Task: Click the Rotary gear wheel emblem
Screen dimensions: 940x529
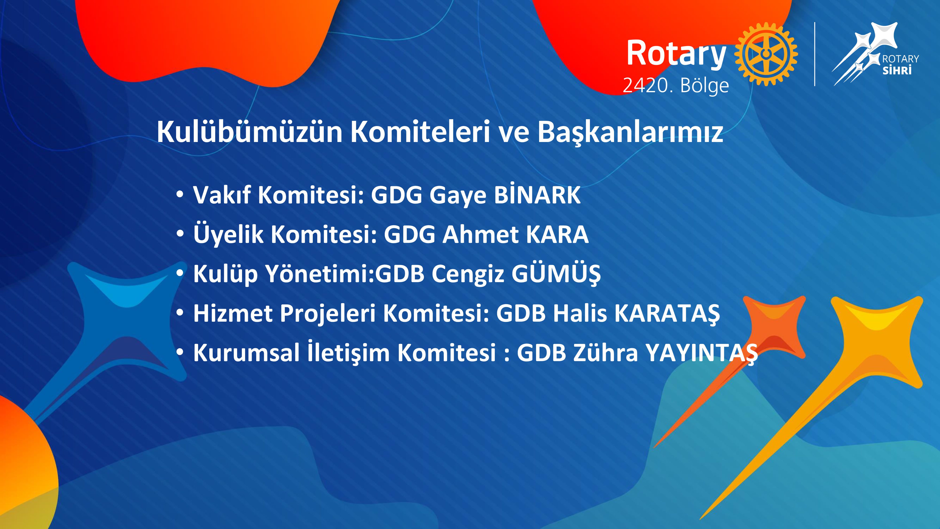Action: click(766, 54)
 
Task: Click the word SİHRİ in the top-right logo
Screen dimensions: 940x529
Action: click(897, 70)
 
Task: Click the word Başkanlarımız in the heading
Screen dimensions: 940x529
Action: click(630, 132)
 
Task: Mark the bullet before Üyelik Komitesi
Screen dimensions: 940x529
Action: click(180, 234)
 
